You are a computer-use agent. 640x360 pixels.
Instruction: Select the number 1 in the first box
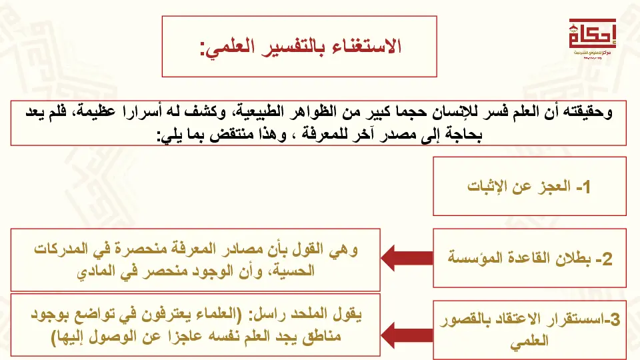click(585, 187)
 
